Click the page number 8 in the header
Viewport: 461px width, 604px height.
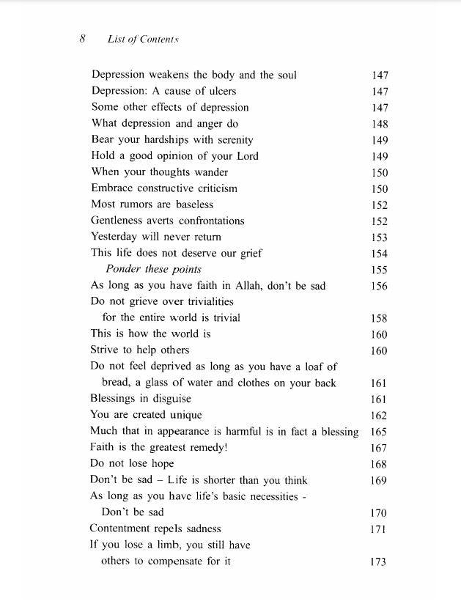83,39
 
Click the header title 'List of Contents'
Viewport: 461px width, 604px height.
143,39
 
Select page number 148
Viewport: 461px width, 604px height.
380,124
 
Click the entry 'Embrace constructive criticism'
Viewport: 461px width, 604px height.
164,188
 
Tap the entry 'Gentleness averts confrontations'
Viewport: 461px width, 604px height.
168,221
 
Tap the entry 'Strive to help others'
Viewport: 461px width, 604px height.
139,350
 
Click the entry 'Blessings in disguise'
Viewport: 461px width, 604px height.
140,398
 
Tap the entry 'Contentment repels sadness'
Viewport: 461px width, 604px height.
155,528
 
